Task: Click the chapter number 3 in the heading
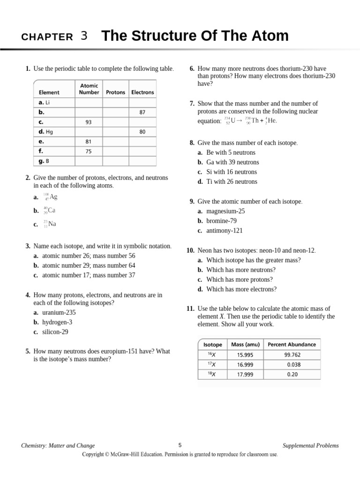coord(84,36)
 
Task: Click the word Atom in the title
coord(268,36)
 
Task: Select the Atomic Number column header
coord(89,89)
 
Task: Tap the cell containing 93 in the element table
coord(89,122)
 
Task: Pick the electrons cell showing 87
coord(142,112)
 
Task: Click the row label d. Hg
coord(46,132)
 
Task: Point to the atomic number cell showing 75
coord(89,151)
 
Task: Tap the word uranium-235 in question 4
coord(59,313)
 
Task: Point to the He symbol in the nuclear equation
coord(271,120)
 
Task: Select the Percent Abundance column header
coord(292,344)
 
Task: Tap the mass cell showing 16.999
coord(245,364)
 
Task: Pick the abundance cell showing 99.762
coord(292,354)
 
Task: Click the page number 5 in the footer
coord(180,445)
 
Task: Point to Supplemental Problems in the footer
coord(310,446)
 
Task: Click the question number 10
coord(190,250)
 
